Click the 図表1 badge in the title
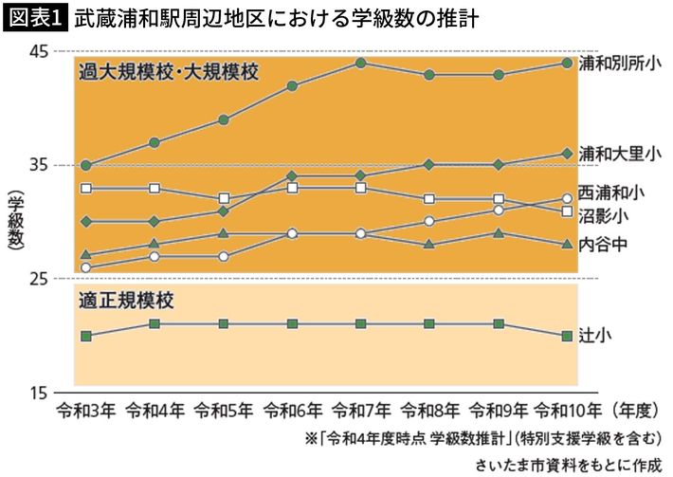(35, 17)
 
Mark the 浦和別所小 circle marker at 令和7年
(361, 63)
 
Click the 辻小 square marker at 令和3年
(86, 336)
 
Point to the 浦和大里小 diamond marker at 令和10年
(567, 154)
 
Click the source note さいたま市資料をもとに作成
(568, 466)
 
